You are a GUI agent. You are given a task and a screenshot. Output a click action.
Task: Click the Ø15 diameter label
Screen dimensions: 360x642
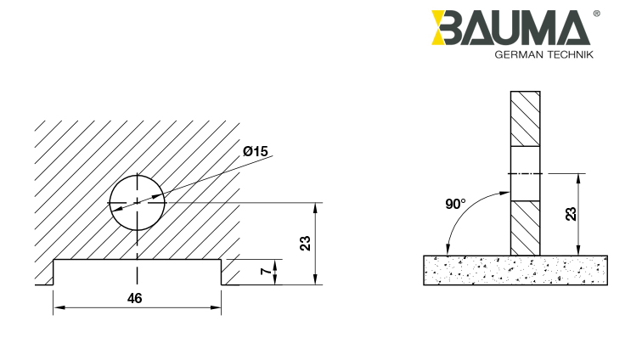click(255, 151)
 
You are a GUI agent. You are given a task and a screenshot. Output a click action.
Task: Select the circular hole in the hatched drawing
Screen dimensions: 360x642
click(137, 203)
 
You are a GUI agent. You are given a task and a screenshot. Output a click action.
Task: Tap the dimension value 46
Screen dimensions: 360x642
click(134, 298)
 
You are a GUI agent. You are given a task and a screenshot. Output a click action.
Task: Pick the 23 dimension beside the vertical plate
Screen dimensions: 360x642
click(571, 214)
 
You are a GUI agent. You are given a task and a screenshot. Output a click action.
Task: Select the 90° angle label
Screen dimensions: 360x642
click(455, 204)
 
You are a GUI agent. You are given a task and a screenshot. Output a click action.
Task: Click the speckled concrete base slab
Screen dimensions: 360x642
click(515, 269)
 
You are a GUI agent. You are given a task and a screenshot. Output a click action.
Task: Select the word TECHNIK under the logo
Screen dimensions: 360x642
click(566, 54)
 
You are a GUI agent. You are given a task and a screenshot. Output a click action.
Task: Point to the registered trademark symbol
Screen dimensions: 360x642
click(595, 14)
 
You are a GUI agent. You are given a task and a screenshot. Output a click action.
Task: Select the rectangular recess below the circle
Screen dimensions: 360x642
click(138, 272)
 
